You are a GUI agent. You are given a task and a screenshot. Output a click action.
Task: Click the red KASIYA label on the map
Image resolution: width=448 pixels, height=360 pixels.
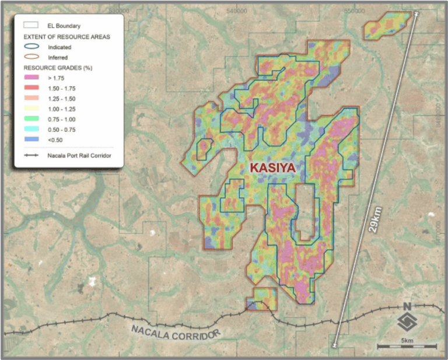(x=273, y=168)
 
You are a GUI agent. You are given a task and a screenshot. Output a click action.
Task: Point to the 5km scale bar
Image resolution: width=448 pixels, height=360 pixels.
(x=407, y=347)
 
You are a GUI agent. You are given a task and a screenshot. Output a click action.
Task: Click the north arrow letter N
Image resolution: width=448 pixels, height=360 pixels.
(x=407, y=306)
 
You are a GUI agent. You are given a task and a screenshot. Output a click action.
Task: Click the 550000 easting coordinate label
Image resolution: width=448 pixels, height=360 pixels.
(x=355, y=11)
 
